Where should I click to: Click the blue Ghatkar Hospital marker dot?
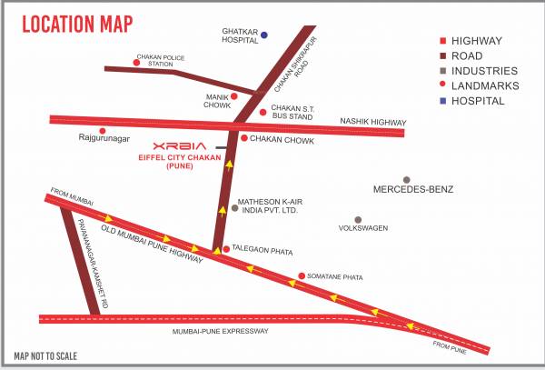pos(264,35)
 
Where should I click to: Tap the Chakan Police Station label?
pos(155,60)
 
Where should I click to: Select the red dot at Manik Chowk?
pos(233,95)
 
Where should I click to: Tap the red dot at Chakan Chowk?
pos(244,138)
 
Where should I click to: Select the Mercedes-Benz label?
pos(413,190)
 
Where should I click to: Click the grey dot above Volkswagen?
pos(358,220)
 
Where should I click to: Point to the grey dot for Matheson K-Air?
pos(234,208)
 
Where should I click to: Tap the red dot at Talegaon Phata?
pos(226,248)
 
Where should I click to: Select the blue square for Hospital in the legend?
pos(442,101)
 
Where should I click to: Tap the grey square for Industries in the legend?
pos(442,71)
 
